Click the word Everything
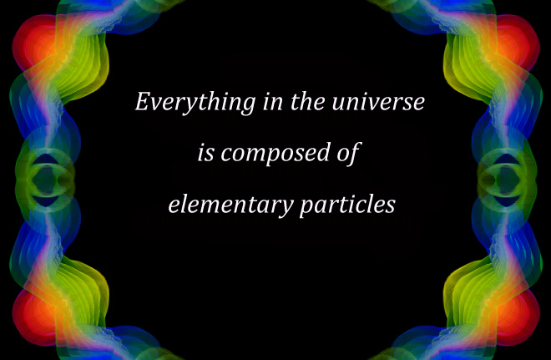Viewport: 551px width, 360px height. (195, 102)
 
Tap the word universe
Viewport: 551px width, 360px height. (378, 102)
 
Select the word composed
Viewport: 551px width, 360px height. (275, 153)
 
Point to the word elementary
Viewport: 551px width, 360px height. (230, 205)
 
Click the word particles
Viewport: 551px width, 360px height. (347, 205)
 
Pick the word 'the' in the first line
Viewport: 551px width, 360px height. (307, 102)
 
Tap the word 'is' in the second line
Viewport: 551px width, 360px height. (205, 154)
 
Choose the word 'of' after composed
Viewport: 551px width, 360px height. (349, 154)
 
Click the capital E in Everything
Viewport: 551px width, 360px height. (144, 101)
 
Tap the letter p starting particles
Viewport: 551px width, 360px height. (307, 207)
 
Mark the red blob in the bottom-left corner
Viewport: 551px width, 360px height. (33, 317)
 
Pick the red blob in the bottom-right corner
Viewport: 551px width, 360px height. (518, 317)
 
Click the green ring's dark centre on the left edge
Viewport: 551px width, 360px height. (46, 180)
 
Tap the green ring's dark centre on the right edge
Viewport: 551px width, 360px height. (505, 180)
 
